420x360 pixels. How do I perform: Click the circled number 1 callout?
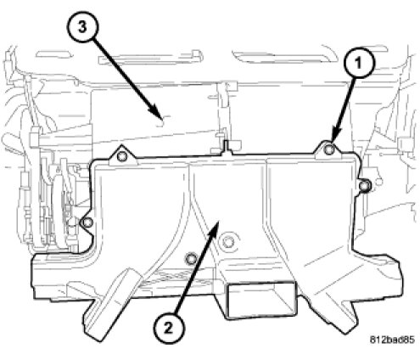(x=359, y=63)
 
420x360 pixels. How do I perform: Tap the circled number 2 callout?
(x=169, y=329)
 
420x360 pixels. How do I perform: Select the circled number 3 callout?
(x=82, y=28)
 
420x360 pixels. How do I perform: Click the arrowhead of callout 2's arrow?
(x=214, y=229)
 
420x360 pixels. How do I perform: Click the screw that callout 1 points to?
(x=328, y=149)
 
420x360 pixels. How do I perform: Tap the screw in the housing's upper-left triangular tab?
(x=121, y=156)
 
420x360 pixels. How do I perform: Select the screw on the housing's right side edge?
(x=364, y=186)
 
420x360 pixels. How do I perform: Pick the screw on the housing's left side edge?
(x=87, y=222)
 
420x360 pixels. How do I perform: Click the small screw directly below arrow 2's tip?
(x=191, y=258)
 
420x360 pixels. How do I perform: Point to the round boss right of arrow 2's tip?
(x=227, y=242)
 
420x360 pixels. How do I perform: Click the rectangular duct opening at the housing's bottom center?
(x=260, y=300)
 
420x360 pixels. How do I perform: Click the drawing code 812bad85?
(x=392, y=340)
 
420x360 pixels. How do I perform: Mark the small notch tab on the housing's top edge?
(x=226, y=147)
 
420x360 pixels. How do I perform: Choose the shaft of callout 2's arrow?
(x=195, y=272)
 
